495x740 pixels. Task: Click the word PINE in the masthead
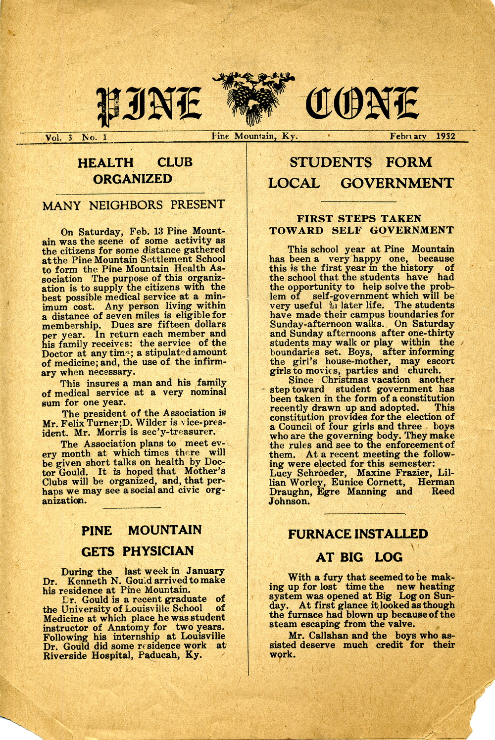148,105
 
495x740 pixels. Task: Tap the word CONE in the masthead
362,104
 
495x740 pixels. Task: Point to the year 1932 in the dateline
445,136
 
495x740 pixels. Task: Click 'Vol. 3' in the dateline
58,138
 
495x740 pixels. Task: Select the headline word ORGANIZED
133,179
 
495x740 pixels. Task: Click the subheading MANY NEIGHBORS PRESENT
133,205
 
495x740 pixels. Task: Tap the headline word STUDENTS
331,162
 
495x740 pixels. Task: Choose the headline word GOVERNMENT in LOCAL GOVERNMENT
396,183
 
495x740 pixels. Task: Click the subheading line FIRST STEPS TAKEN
359,218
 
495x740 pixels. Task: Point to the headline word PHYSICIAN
158,551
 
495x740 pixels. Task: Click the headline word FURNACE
319,534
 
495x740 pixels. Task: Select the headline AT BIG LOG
359,557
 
